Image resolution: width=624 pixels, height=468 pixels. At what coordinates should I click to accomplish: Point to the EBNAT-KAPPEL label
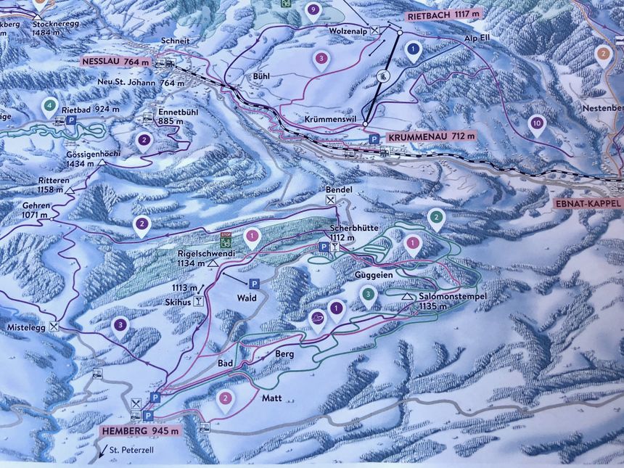pos(587,204)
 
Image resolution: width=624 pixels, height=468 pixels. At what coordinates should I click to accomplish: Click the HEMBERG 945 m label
pos(138,432)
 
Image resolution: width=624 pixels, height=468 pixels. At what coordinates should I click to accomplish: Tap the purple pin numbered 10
pos(536,123)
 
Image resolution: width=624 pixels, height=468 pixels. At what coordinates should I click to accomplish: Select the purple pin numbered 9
pos(313,10)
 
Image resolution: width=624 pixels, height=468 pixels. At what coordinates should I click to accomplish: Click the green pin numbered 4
pos(49,106)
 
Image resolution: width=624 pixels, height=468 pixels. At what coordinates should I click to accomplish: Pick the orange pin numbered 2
pos(602,54)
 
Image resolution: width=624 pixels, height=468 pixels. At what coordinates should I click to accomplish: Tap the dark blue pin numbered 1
pos(413,50)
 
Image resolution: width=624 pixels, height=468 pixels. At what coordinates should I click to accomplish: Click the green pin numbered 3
pos(369,295)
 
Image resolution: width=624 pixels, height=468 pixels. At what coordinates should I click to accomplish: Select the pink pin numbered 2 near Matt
pos(226,398)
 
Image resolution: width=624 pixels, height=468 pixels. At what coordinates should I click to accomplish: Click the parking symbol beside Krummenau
pos(374,139)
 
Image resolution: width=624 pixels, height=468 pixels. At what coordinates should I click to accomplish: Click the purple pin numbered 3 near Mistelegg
pos(120,326)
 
